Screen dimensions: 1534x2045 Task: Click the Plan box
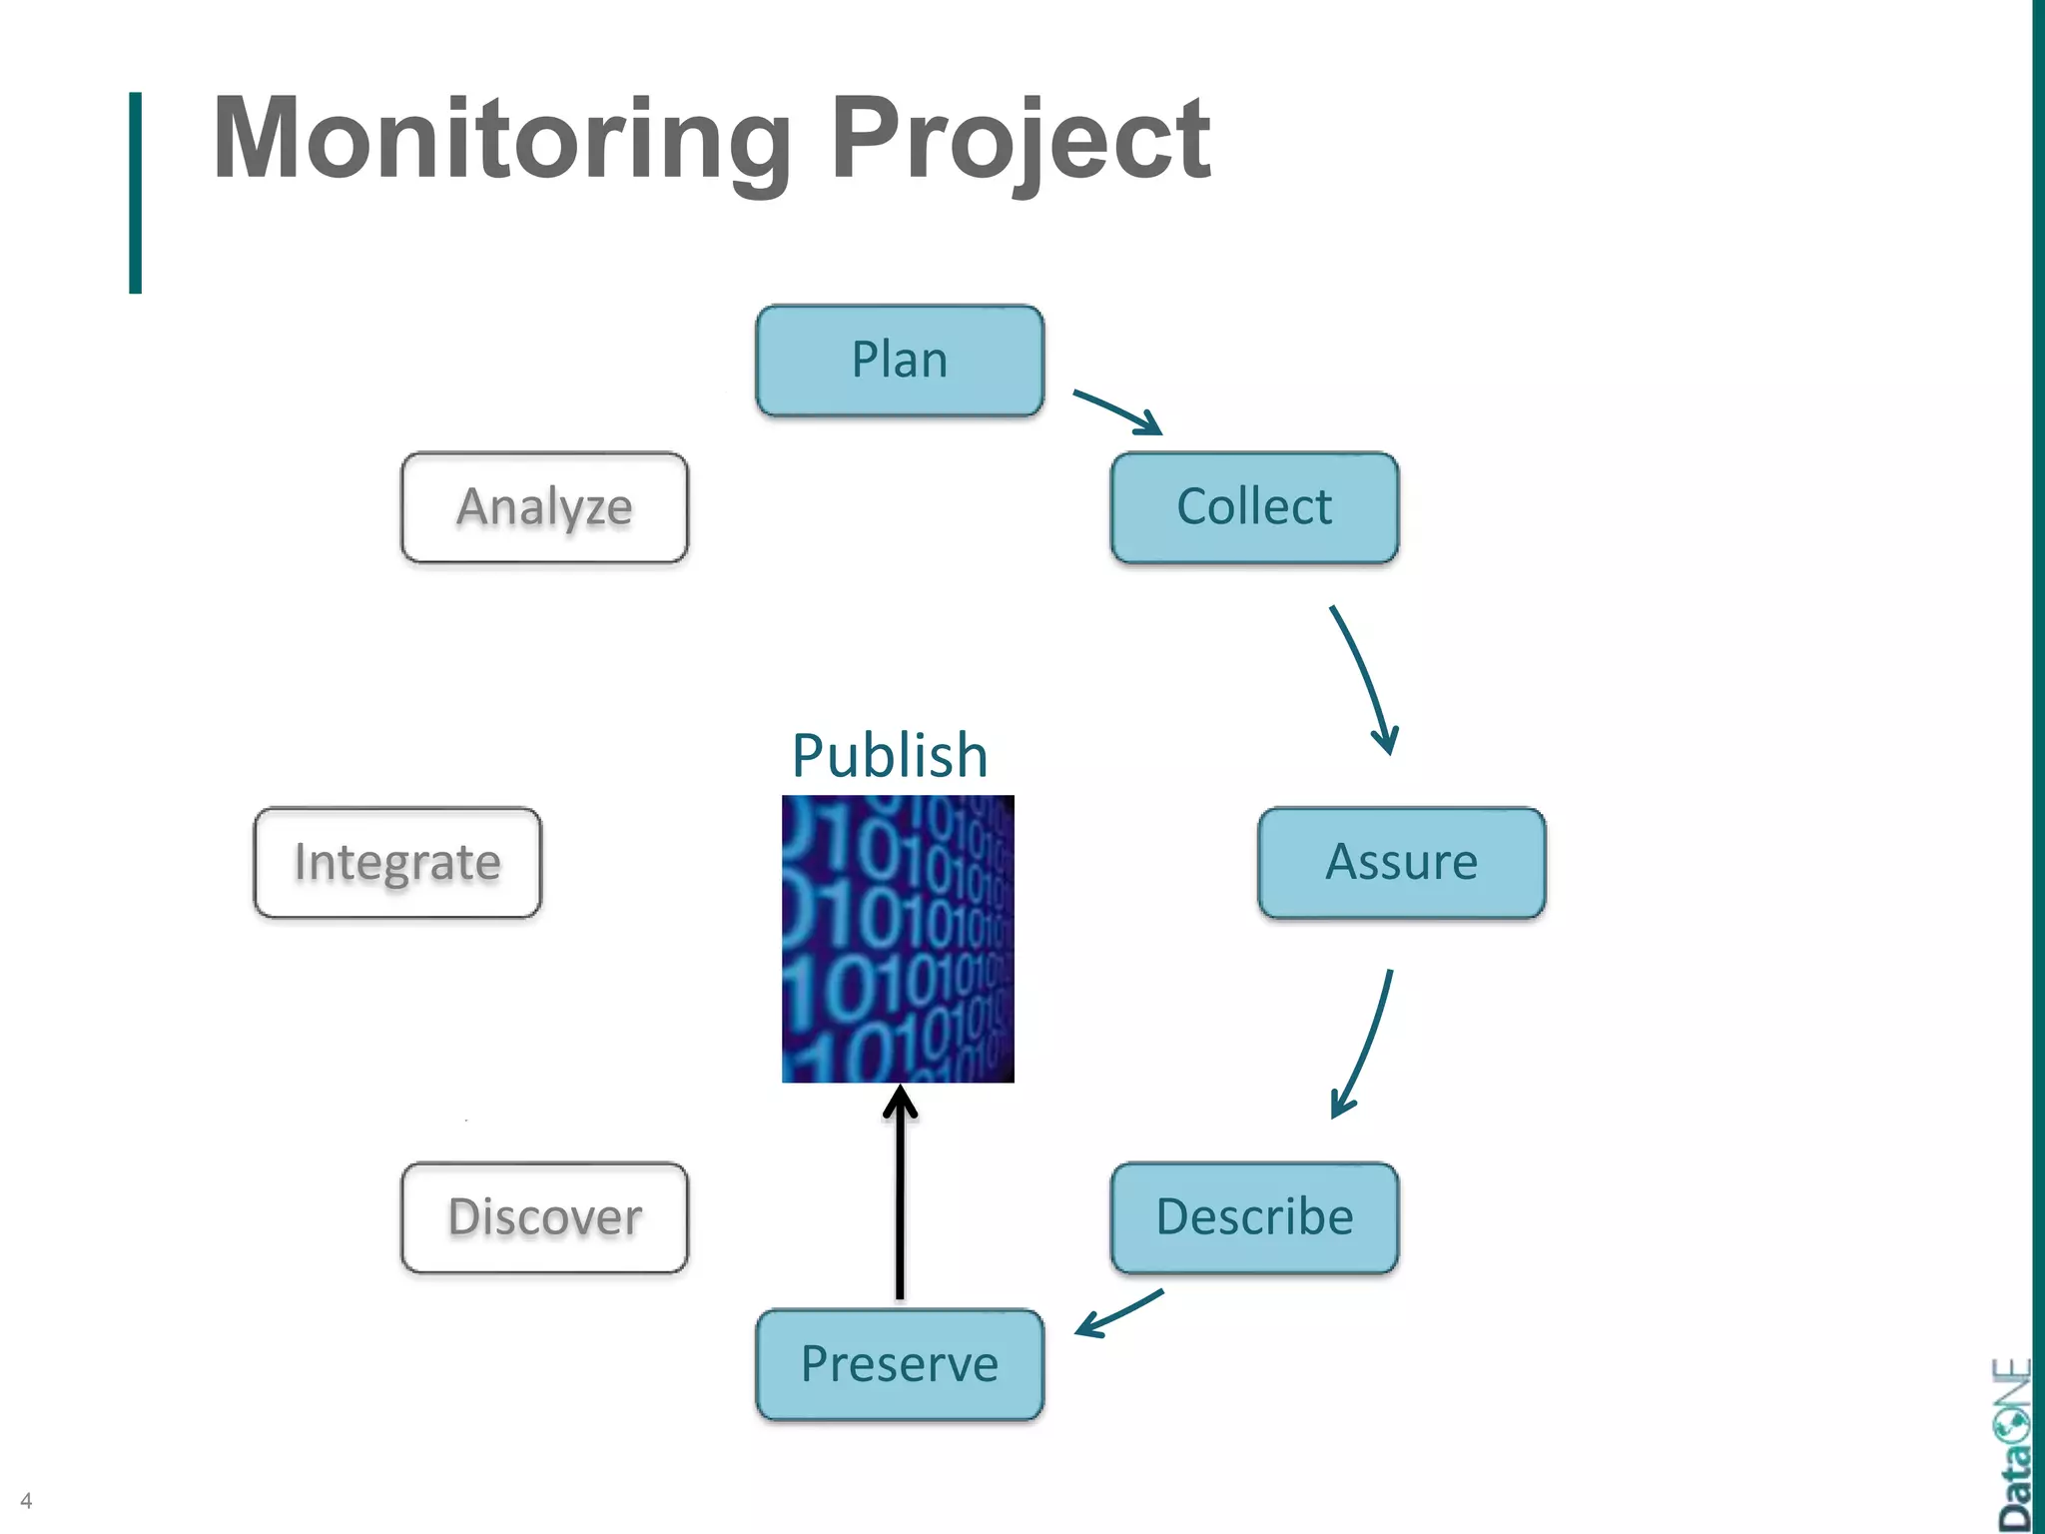click(x=900, y=361)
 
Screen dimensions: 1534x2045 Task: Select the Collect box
click(x=1254, y=507)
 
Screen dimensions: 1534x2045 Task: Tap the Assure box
click(x=1401, y=862)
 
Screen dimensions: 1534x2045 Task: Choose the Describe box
click(x=1254, y=1217)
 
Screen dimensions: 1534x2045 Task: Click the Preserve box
click(x=900, y=1364)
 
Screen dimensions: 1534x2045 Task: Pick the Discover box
click(x=544, y=1217)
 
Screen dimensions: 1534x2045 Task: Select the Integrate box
click(x=397, y=862)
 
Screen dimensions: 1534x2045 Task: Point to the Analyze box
click(x=544, y=507)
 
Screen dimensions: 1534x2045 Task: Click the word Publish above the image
click(x=890, y=755)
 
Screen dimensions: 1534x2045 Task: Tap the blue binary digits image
click(x=898, y=939)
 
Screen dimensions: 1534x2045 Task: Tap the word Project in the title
click(x=1020, y=140)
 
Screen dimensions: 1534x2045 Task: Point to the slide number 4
click(x=26, y=1501)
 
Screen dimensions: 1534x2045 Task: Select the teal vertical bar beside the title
click(x=136, y=192)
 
